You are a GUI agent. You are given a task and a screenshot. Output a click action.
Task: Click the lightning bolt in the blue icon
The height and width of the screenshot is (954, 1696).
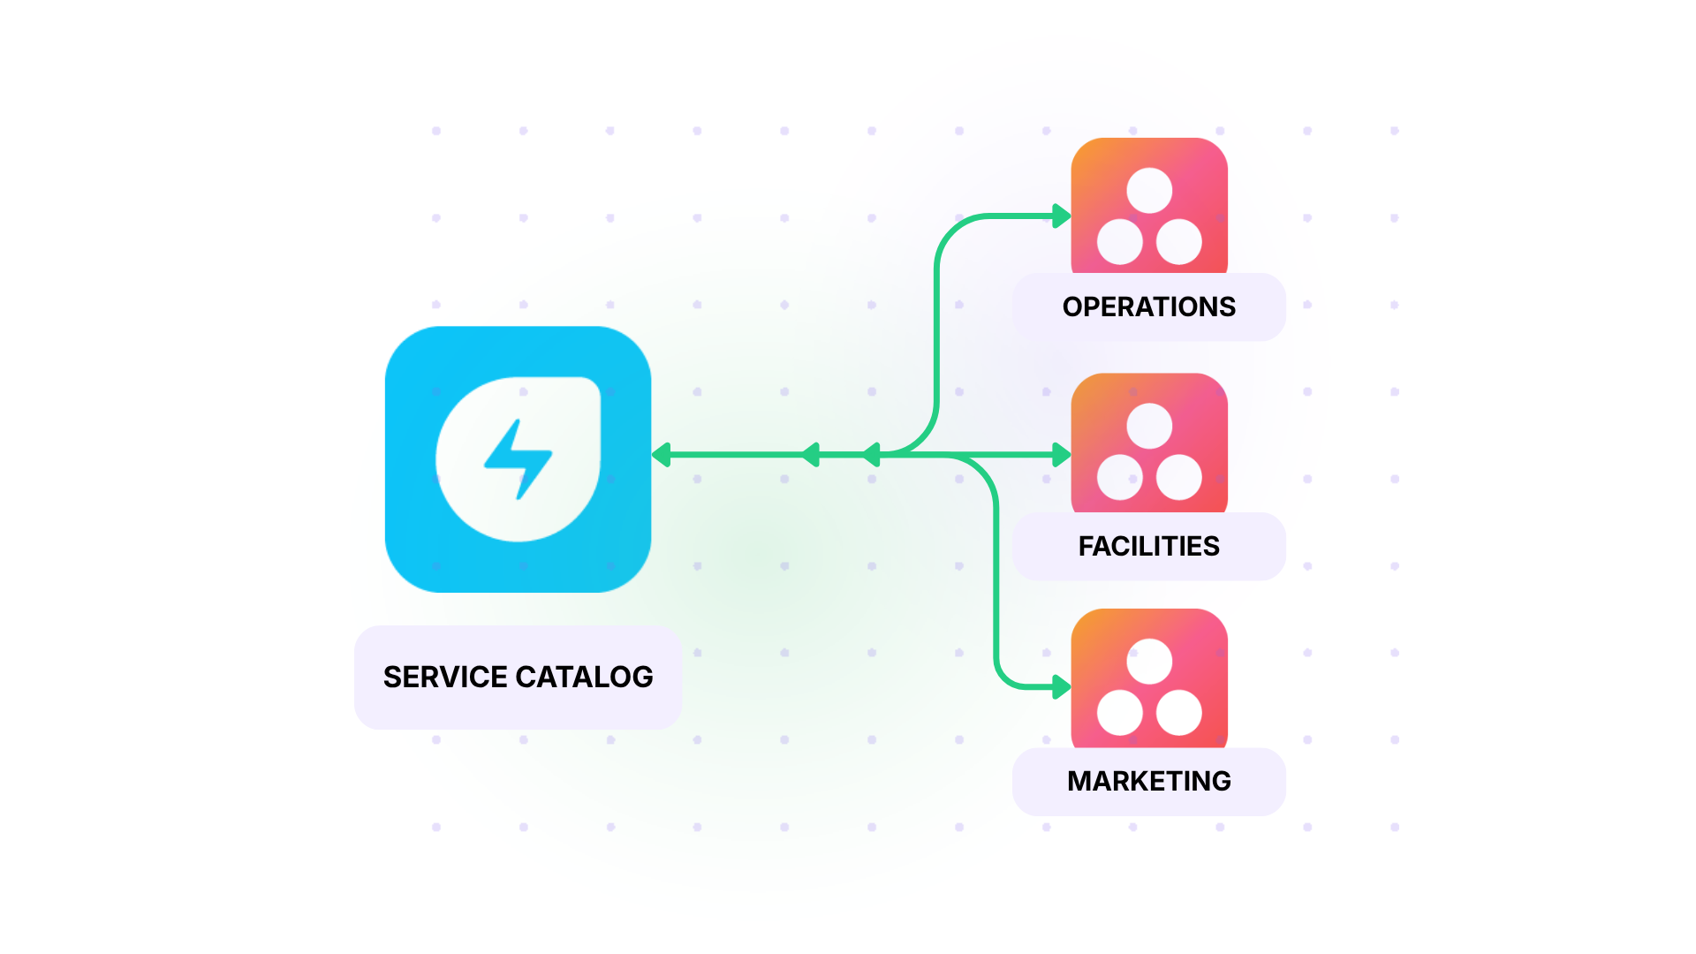pyautogui.click(x=519, y=458)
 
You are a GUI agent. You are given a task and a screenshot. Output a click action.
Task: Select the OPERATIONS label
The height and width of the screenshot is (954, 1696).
pyautogui.click(x=1148, y=307)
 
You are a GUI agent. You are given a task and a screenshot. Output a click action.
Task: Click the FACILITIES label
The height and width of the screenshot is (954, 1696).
pyautogui.click(x=1148, y=547)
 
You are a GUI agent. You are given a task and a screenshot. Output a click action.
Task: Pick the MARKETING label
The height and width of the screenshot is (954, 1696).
pyautogui.click(x=1148, y=782)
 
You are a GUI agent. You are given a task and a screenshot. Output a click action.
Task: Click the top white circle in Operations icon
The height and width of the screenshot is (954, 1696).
pyautogui.click(x=1149, y=191)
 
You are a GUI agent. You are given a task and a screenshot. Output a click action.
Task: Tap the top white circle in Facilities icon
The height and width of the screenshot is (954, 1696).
pyautogui.click(x=1149, y=427)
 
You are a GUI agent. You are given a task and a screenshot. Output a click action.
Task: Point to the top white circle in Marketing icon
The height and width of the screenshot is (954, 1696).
pyautogui.click(x=1149, y=662)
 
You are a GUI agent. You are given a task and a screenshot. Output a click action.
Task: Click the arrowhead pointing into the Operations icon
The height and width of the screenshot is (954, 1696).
pyautogui.click(x=1062, y=216)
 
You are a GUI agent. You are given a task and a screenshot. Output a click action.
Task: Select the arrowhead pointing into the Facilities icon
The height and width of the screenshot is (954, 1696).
pyautogui.click(x=1062, y=455)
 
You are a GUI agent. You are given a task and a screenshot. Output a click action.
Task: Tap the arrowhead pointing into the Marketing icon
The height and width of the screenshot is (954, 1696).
pyautogui.click(x=1062, y=687)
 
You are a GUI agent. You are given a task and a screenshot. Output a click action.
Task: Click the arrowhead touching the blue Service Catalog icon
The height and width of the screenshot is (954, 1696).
pyautogui.click(x=661, y=455)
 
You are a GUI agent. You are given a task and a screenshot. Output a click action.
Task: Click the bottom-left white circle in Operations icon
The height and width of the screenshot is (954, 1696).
pyautogui.click(x=1120, y=242)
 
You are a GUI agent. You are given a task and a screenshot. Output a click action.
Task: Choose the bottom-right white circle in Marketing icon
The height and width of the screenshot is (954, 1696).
pyautogui.click(x=1179, y=713)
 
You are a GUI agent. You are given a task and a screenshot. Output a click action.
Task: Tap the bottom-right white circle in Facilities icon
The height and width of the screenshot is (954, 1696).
pyautogui.click(x=1179, y=478)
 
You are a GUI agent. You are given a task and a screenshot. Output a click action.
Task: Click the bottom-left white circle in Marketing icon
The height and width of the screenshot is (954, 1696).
pyautogui.click(x=1120, y=713)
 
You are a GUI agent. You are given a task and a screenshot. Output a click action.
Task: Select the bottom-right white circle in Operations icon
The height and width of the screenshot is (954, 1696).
pyautogui.click(x=1179, y=242)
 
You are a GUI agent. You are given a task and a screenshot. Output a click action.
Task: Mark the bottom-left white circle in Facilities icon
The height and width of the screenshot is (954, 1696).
pyautogui.click(x=1120, y=478)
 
